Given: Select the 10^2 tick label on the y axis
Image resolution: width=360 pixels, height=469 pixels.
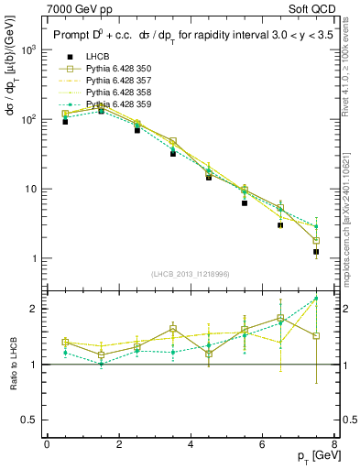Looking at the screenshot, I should tap(29, 119).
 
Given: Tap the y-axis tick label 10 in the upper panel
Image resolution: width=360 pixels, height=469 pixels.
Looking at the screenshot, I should tap(32, 189).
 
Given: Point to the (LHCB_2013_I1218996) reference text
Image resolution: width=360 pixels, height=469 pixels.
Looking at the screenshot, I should tap(191, 274).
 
